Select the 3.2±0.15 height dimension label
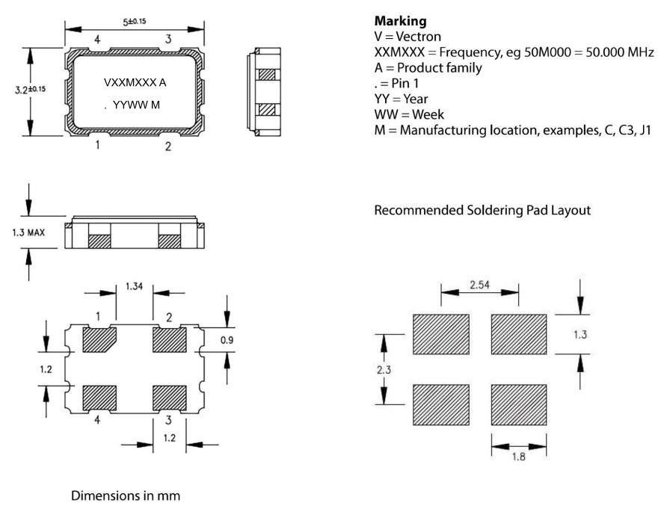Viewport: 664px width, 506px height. [x=31, y=90]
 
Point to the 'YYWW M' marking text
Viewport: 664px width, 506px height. [x=135, y=106]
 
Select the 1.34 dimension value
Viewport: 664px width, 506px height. [x=135, y=287]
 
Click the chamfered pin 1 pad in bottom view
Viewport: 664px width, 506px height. [x=98, y=341]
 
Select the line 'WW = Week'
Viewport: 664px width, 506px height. [x=409, y=114]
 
